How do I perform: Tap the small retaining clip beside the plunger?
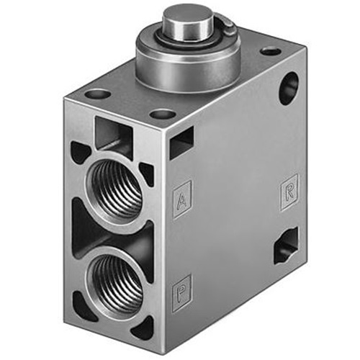[228, 27]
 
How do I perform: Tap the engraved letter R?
[289, 193]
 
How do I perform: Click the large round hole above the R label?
[289, 89]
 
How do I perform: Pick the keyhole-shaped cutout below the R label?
[286, 246]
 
